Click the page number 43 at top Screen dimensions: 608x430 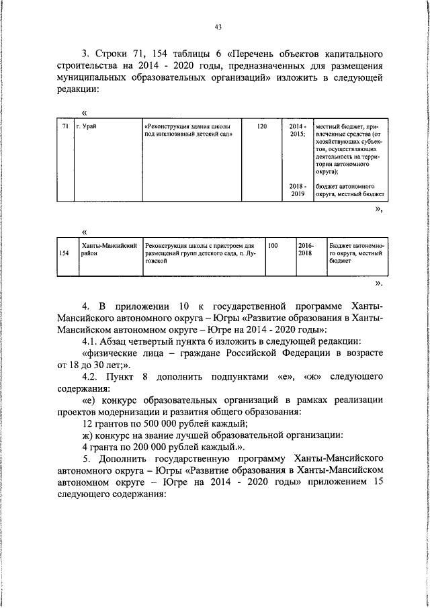point(218,28)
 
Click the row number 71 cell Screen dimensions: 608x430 point(64,126)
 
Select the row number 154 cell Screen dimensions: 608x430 point(64,253)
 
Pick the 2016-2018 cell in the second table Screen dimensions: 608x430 point(306,251)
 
